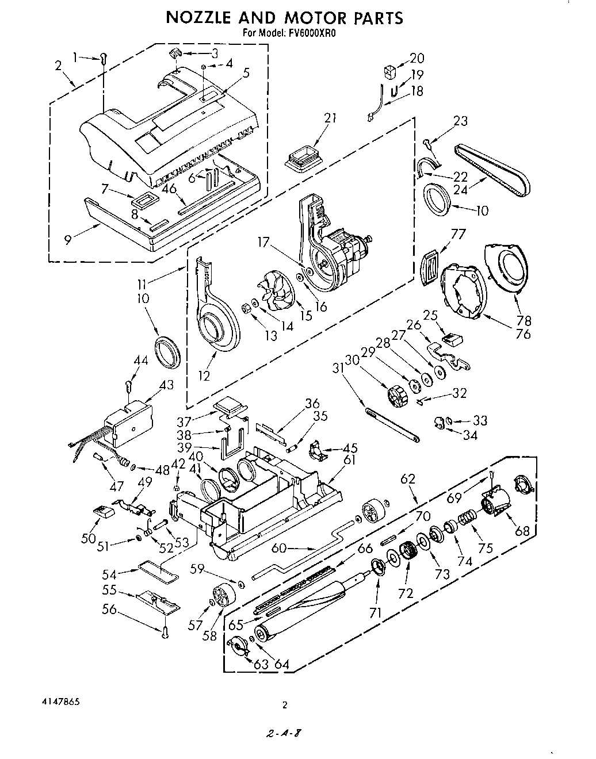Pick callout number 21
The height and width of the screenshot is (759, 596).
click(x=330, y=118)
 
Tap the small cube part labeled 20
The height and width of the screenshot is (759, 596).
click(x=391, y=72)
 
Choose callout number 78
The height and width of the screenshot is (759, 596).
click(x=524, y=320)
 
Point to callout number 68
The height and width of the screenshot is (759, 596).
click(x=522, y=530)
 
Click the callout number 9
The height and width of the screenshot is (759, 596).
click(x=68, y=239)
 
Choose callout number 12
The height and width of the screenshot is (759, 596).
click(x=205, y=375)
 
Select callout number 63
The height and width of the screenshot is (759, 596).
click(x=261, y=664)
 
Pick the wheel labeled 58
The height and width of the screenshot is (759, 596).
click(x=221, y=596)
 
